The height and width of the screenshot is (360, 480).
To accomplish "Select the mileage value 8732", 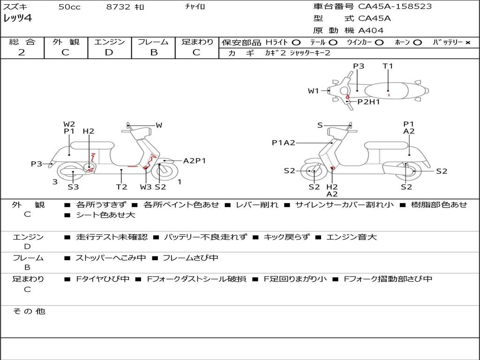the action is tap(118, 7).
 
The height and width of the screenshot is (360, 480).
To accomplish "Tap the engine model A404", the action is tap(371, 30).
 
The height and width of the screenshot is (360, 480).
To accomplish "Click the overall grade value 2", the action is tap(22, 52).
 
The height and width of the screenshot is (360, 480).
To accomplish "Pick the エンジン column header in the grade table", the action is tap(109, 42).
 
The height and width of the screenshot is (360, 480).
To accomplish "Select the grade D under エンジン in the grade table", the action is tap(109, 52).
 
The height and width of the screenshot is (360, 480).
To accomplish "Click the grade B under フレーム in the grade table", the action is tap(153, 52).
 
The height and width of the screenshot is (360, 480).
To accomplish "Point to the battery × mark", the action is tap(468, 43).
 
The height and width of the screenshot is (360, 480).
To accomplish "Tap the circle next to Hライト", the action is tap(296, 43).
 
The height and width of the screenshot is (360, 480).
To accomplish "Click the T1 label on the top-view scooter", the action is tap(388, 66).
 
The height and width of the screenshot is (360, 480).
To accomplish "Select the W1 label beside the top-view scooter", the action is tap(313, 91).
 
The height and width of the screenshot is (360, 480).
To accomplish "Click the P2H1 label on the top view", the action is tap(368, 101).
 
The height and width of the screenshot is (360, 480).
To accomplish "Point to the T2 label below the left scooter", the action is tap(121, 187).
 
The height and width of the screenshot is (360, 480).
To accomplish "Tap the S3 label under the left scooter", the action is tap(73, 187).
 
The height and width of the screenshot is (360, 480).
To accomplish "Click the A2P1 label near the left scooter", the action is tap(195, 161).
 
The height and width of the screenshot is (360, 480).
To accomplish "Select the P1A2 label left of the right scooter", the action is tap(284, 143).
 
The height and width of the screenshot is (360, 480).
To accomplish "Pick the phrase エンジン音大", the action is tap(352, 237).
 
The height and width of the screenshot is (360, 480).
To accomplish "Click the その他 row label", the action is tap(29, 311).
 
